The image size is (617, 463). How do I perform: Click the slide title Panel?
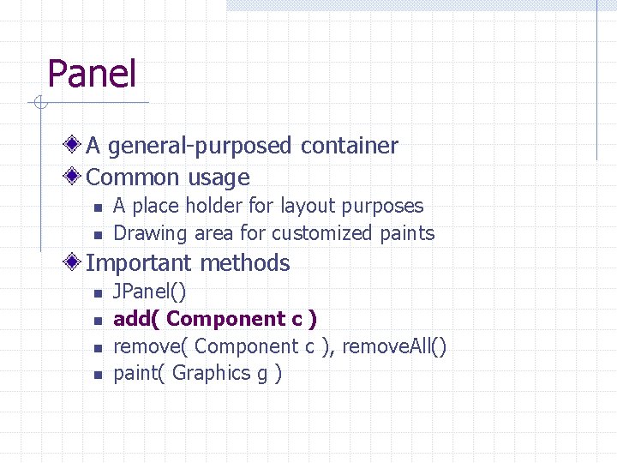[92, 74]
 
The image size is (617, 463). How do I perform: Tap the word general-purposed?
[201, 147]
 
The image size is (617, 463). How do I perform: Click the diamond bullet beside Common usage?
[75, 177]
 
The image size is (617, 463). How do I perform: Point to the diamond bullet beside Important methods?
[75, 262]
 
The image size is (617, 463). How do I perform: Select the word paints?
[408, 233]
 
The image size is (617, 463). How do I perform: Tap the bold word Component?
[226, 319]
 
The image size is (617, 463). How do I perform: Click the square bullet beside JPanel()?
[97, 293]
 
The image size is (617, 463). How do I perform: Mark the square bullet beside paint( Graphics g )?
[97, 374]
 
